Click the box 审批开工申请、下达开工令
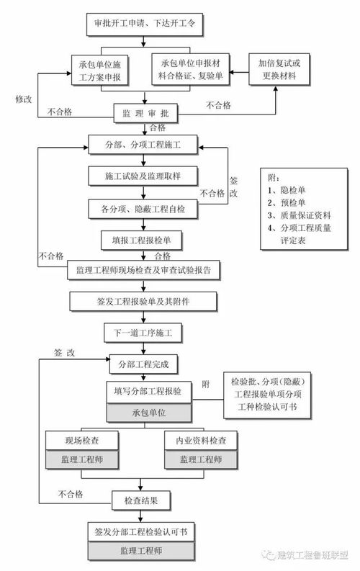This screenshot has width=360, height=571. pyautogui.click(x=144, y=23)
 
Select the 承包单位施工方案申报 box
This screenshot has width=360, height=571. pyautogui.click(x=101, y=70)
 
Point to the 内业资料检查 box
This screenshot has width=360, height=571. pyautogui.click(x=196, y=441)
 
